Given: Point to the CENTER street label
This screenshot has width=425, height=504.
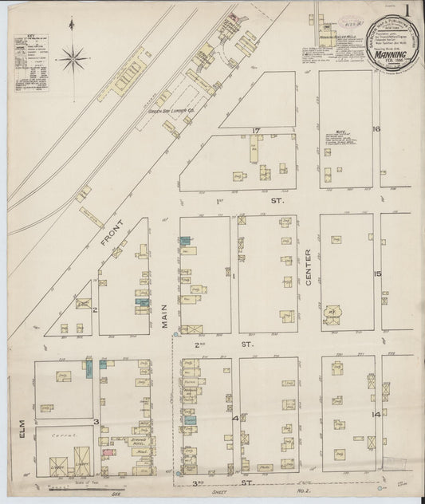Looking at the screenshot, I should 309,266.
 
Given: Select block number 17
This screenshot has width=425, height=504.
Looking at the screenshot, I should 256,131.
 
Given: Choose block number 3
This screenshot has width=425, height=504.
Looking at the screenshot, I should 96,421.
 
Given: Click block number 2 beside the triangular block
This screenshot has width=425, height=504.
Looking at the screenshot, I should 93,309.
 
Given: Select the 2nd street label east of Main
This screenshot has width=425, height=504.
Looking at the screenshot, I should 200,344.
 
